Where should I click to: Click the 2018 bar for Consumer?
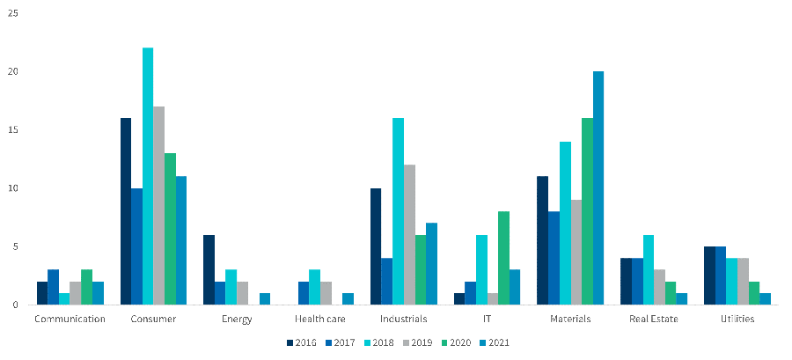148,176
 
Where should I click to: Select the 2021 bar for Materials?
598,188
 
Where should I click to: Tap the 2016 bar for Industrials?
376,246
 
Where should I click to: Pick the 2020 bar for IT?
503,258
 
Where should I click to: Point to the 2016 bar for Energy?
209,270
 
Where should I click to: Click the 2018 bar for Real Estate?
649,270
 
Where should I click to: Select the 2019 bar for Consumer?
159,205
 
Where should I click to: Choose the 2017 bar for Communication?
53,288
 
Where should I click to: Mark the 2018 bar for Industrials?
398,211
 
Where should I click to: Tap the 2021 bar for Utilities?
765,299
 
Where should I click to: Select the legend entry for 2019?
414,342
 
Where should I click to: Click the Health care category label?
319,319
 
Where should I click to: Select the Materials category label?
570,319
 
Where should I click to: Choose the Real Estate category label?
654,319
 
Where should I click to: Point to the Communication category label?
70,319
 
